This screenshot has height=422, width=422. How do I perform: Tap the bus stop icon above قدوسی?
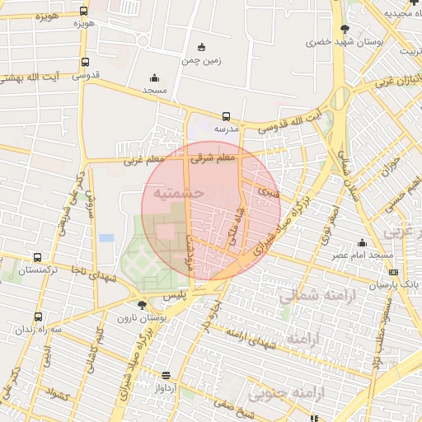pos(85,62)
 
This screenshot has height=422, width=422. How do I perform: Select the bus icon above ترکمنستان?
pos(36,258)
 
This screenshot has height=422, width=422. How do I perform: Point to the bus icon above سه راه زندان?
pos(38,316)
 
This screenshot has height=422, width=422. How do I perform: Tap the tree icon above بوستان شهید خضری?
pos(344,29)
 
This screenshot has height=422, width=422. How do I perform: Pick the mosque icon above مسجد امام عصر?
pos(362,242)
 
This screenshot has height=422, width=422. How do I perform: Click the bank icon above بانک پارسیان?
pos(393,272)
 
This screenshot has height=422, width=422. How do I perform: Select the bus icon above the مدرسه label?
pos(226,116)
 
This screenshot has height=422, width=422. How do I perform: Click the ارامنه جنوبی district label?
pos(344,393)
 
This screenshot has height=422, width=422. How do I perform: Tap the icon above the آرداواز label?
pos(166,375)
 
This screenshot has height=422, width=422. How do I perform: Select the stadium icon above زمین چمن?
pos(202,48)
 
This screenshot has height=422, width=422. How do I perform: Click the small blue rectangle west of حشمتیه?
pos(106,238)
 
